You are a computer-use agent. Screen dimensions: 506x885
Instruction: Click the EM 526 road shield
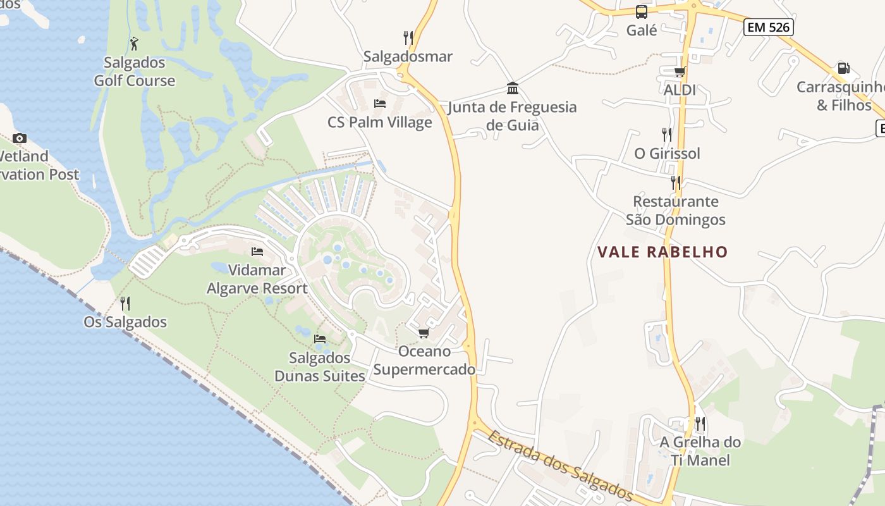tap(768, 27)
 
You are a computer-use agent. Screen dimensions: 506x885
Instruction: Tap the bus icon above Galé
tap(642, 11)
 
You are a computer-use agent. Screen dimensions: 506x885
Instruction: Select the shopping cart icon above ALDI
tap(680, 71)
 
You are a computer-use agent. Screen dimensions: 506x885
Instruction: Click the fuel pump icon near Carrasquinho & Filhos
tap(843, 68)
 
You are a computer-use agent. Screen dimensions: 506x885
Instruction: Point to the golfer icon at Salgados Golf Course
tap(134, 44)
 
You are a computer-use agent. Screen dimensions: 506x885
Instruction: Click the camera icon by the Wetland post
tap(20, 138)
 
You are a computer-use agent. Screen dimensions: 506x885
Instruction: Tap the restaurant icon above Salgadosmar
tap(408, 38)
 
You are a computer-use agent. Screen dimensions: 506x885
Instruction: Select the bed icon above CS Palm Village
tap(380, 103)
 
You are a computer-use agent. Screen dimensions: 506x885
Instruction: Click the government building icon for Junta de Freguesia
tap(513, 88)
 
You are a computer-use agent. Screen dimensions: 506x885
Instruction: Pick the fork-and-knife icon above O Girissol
tap(667, 134)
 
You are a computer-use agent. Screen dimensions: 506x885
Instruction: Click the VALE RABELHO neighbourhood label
tap(662, 252)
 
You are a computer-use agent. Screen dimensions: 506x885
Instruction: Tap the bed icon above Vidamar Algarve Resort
tap(257, 252)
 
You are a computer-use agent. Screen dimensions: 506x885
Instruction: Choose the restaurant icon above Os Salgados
tap(125, 304)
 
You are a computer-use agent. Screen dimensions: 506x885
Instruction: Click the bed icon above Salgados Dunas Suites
tap(320, 339)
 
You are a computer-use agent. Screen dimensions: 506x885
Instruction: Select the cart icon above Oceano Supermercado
tap(424, 333)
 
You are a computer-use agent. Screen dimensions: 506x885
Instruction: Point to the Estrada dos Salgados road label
tap(560, 465)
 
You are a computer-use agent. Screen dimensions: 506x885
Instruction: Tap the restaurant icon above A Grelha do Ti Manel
tap(700, 423)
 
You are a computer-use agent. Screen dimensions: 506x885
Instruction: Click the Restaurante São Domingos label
tap(676, 211)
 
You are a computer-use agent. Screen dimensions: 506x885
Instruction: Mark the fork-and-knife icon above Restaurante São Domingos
tap(676, 183)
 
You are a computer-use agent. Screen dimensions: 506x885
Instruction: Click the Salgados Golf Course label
tap(135, 71)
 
